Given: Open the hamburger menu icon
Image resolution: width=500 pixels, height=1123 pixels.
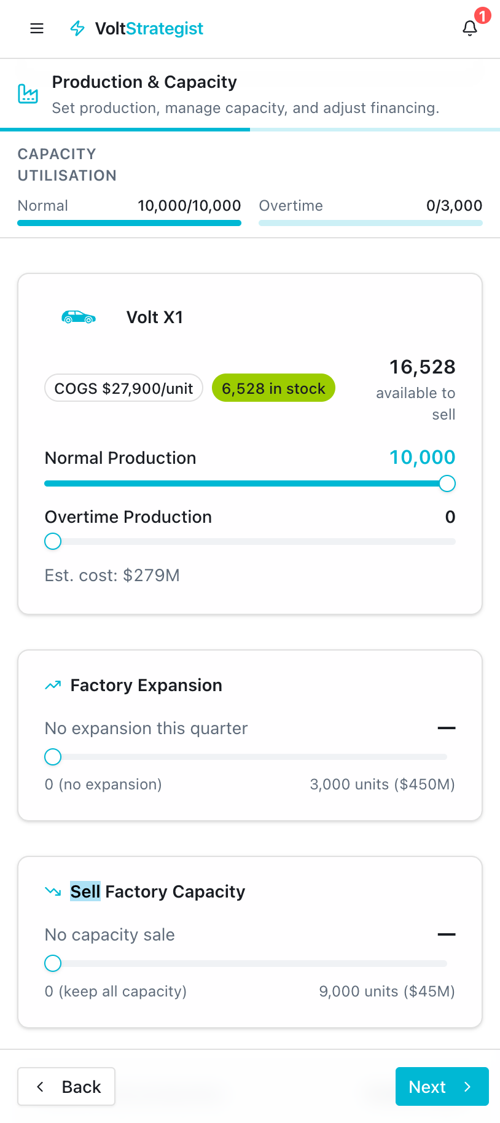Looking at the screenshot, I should (37, 28).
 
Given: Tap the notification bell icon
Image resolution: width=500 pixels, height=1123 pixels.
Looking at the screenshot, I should (470, 28).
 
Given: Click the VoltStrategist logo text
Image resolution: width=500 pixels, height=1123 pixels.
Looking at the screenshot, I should (149, 28).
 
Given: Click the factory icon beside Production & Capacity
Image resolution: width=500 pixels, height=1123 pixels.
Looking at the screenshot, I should (28, 94).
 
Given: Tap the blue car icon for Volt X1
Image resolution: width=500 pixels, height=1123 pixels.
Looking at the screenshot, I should (79, 317).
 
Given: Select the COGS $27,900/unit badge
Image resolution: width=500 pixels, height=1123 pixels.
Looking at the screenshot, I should (123, 388).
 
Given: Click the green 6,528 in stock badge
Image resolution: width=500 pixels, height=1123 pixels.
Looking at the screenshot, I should (273, 388).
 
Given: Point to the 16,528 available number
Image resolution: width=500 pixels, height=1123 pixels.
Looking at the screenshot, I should (422, 367).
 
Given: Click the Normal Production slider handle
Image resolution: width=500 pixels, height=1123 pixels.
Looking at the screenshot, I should (447, 483).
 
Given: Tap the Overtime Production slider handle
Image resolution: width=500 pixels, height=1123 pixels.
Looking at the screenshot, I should (53, 541).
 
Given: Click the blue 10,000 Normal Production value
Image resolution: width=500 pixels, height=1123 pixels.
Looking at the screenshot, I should (422, 457).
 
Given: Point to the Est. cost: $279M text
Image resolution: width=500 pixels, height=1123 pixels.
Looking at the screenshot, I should (112, 575).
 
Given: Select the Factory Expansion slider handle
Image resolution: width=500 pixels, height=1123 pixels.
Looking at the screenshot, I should (53, 757).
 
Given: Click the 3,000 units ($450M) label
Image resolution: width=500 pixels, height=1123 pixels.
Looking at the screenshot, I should (382, 785).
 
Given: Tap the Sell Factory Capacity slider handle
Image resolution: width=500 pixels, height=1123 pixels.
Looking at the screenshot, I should (53, 963).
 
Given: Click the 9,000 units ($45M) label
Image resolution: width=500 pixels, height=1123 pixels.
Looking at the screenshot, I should (387, 991).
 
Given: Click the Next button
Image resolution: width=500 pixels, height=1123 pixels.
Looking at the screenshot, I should (442, 1087).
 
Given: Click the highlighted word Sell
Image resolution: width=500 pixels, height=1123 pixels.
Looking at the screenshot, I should (85, 891).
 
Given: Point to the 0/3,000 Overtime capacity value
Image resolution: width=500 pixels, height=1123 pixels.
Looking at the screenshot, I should (454, 206).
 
